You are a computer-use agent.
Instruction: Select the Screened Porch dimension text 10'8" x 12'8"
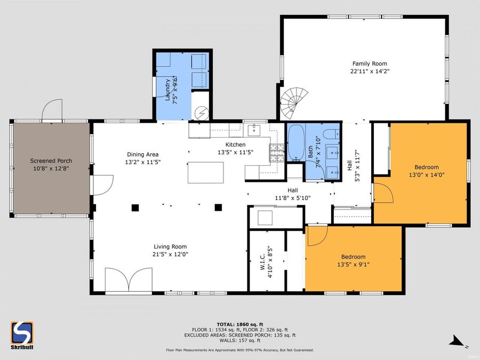51,168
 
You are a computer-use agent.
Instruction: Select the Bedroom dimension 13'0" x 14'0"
426,174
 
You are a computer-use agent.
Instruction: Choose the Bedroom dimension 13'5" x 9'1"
353,264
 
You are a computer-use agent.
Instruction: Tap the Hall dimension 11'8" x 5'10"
292,197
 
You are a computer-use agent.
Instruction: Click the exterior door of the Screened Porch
52,109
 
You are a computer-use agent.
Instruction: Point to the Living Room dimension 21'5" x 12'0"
170,254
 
